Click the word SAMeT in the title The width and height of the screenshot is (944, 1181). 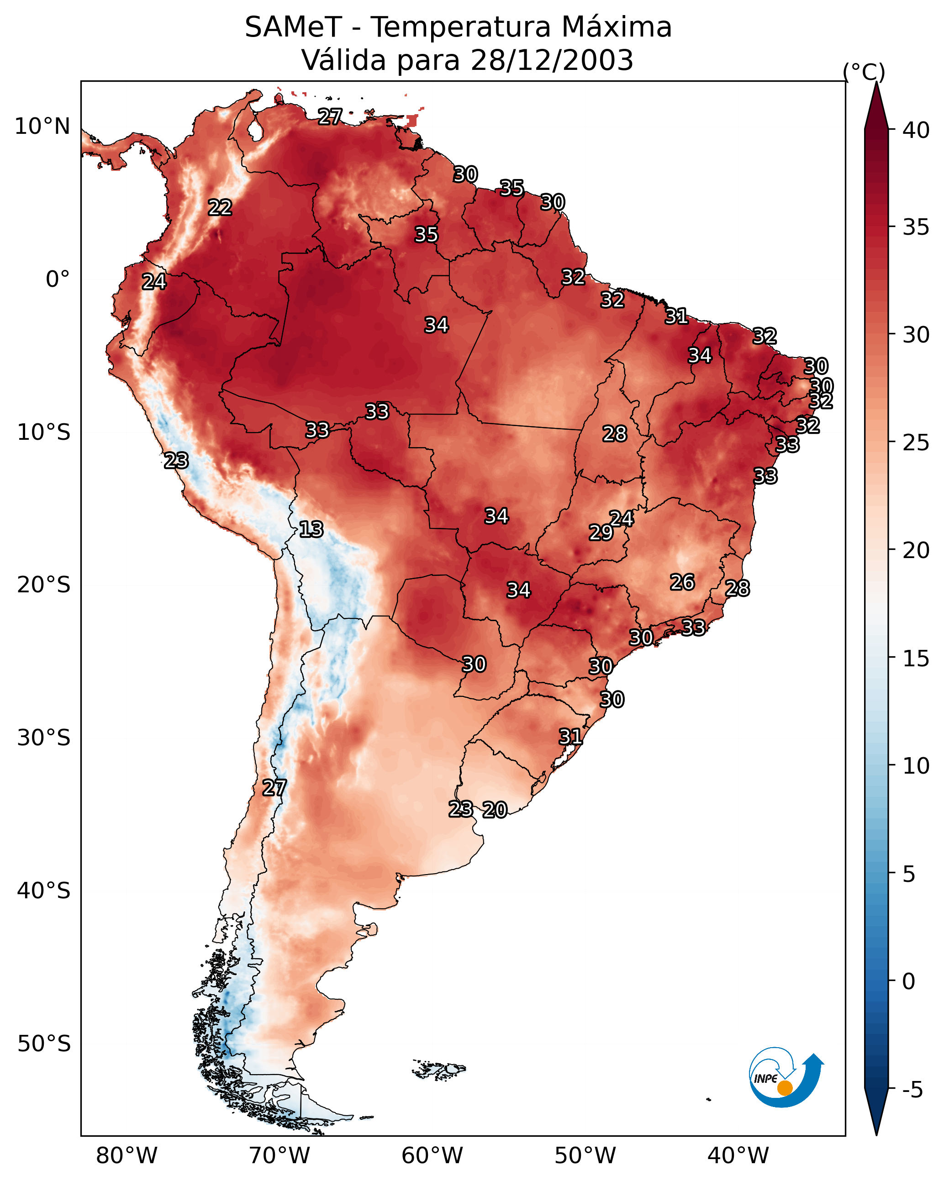tap(293, 27)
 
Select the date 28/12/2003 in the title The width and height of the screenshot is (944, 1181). tap(552, 60)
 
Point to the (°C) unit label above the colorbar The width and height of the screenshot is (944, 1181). tap(864, 72)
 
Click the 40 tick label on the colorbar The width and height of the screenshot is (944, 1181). tap(916, 130)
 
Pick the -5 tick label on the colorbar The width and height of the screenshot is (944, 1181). tap(913, 1090)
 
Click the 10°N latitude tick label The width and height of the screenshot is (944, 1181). tap(42, 127)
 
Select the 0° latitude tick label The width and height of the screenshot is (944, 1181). tap(58, 279)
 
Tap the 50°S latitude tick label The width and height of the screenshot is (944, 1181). tap(44, 1044)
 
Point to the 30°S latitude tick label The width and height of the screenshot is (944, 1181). tap(44, 738)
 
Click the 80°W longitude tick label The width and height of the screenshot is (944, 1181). tap(127, 1156)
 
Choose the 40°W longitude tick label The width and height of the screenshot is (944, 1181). tap(738, 1156)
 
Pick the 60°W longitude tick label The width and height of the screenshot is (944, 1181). tap(432, 1156)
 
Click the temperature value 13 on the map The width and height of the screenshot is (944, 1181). tap(311, 530)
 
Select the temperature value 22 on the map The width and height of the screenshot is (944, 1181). tap(220, 208)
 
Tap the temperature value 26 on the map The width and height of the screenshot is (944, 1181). tap(683, 582)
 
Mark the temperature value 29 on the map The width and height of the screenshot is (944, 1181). tap(601, 533)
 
